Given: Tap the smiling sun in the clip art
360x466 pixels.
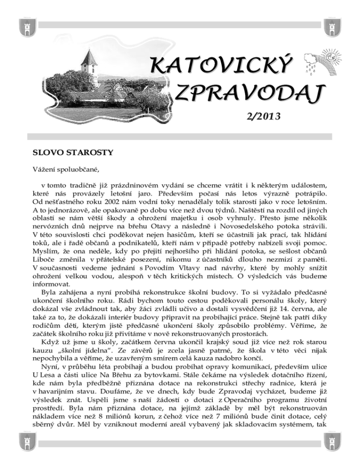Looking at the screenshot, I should coord(334,57).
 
